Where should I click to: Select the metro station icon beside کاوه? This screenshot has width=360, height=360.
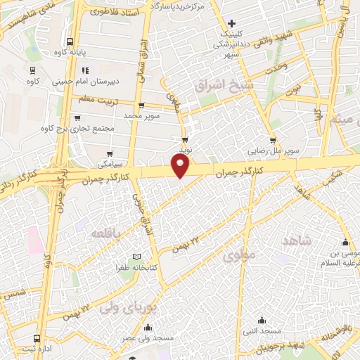coord(32,69)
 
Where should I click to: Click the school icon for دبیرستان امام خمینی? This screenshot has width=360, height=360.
coord(84,70)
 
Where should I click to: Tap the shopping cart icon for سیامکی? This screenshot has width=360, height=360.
coord(109,153)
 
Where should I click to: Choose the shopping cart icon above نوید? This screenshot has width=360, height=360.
coord(185,139)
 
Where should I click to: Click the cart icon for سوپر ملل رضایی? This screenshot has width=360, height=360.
coord(273,140)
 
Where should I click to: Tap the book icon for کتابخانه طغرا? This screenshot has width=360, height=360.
coord(138,257)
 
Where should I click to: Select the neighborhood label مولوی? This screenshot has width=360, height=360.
coord(238,258)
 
